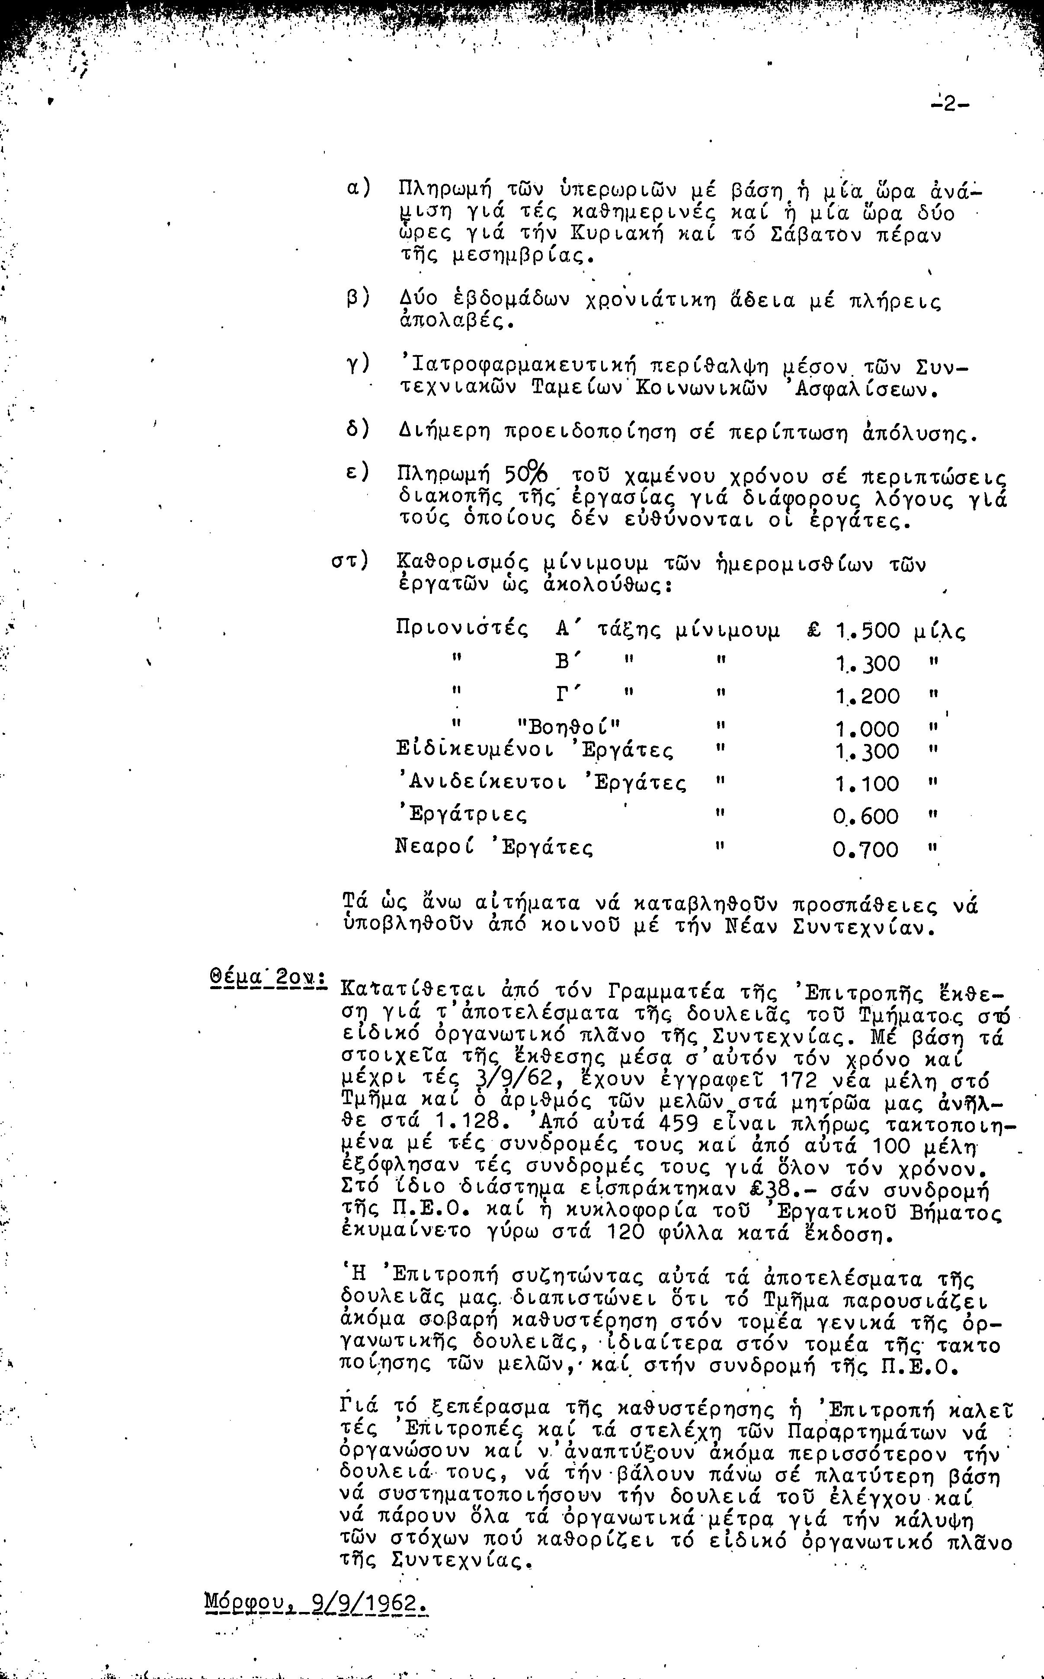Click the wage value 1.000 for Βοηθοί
867,729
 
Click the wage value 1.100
867,784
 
